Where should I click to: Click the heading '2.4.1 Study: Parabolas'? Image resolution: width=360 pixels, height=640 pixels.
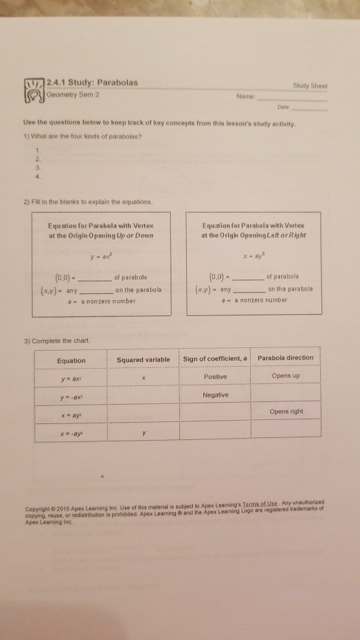click(93, 83)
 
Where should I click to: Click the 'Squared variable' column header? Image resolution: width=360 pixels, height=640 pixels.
click(143, 361)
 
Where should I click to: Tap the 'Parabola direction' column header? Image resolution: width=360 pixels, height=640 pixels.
click(285, 358)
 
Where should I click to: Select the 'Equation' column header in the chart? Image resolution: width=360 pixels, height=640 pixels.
click(71, 361)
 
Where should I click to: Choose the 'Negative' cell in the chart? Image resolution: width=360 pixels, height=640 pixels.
click(215, 395)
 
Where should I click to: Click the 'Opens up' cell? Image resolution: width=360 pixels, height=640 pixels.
click(285, 377)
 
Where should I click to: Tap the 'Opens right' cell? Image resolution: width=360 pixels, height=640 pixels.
click(287, 411)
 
